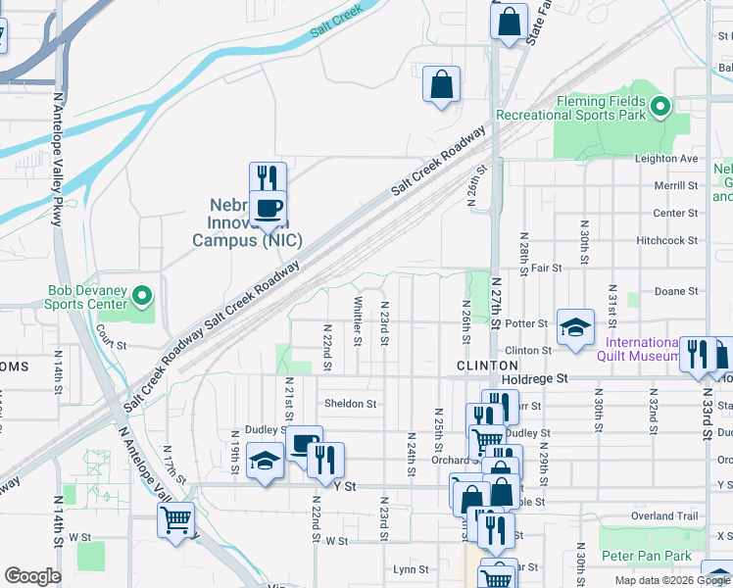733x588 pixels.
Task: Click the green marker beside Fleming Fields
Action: (x=660, y=107)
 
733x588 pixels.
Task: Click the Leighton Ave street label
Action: (x=666, y=159)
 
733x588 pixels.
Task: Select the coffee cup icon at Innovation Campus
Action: (x=268, y=207)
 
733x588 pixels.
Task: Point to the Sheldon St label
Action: (x=350, y=404)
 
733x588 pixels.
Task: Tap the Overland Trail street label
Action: (x=666, y=515)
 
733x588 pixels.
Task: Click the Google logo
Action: (x=32, y=577)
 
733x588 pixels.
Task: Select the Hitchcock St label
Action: (x=666, y=240)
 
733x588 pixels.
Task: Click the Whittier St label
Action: (x=359, y=321)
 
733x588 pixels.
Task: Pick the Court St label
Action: (x=112, y=346)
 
